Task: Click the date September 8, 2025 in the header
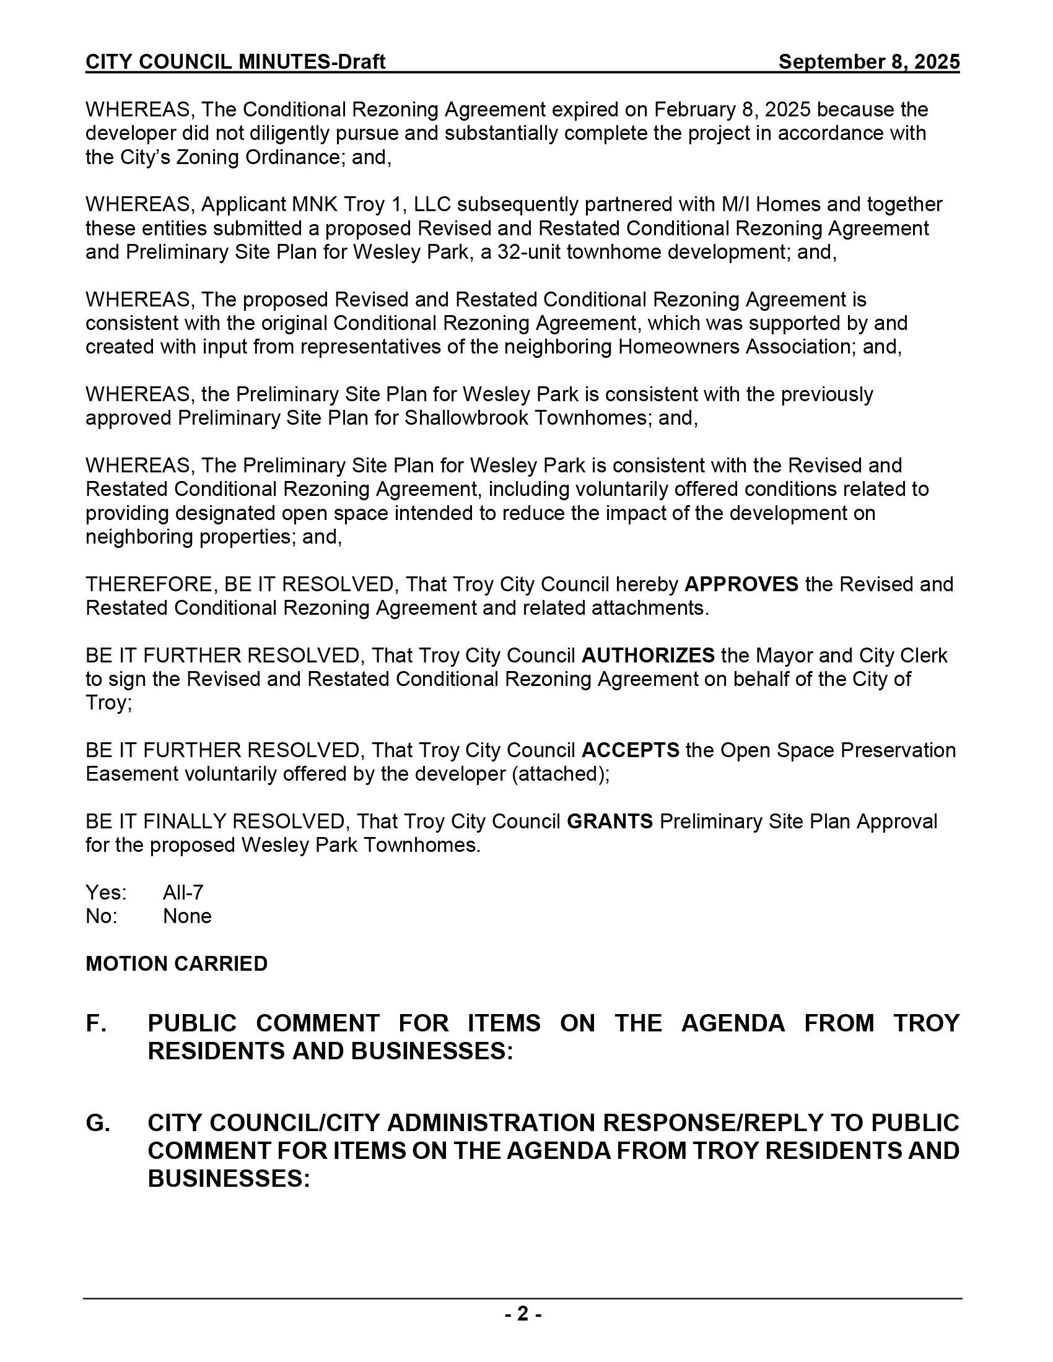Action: click(868, 62)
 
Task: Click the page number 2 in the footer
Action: click(523, 1314)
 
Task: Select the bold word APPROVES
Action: click(741, 584)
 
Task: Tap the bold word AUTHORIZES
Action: click(647, 656)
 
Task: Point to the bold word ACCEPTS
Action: click(630, 750)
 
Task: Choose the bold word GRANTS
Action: click(610, 822)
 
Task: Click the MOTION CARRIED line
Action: click(177, 963)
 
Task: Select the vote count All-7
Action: click(183, 892)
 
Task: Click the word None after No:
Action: click(187, 916)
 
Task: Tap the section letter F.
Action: click(95, 1024)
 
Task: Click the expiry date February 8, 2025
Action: click(732, 110)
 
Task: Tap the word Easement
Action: click(127, 774)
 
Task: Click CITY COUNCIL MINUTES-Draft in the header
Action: click(235, 62)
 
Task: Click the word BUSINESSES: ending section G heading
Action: click(229, 1179)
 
